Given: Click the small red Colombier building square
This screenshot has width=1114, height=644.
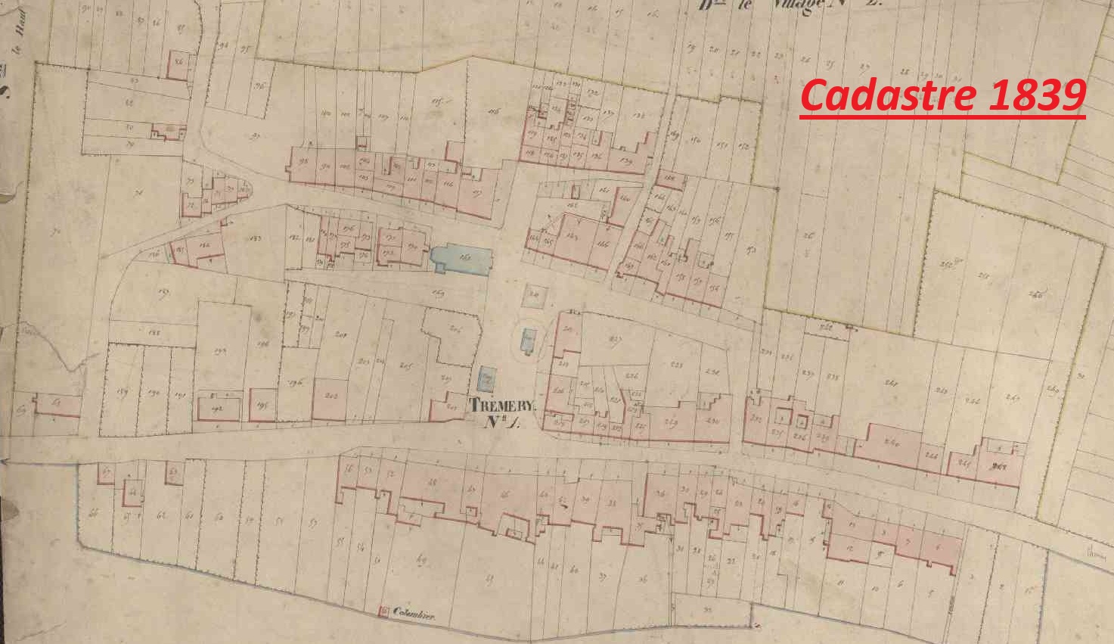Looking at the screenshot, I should click(x=383, y=611).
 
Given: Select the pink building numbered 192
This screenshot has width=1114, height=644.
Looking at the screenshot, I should click(x=220, y=408).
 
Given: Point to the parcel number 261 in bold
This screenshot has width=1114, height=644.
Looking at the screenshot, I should click(x=1005, y=465).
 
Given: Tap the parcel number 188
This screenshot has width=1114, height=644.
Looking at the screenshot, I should click(x=156, y=331).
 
